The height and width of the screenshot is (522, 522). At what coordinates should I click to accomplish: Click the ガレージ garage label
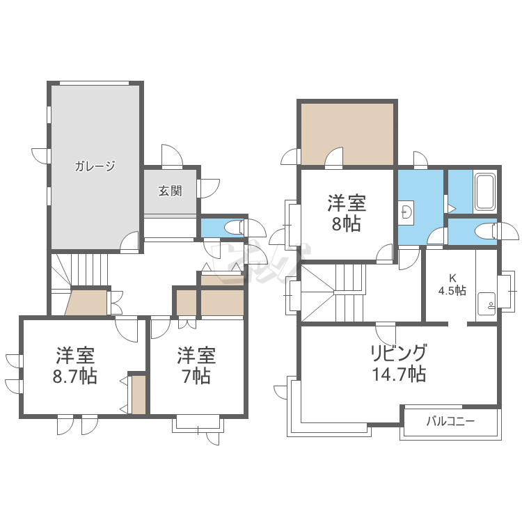pos(95,166)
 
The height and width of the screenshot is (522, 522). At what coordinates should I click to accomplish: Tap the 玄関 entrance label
pos(170,191)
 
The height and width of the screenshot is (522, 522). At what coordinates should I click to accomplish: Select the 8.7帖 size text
pos(75,376)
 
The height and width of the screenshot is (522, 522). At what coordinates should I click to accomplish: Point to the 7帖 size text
pos(196,376)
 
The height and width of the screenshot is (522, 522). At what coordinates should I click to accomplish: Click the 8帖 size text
pos(346,224)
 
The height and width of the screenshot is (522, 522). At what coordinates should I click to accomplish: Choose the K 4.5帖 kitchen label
pos(452,284)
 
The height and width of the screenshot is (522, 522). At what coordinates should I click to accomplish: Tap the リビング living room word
pos(399,353)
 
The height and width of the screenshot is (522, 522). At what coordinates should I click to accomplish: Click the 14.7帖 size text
pos(399,374)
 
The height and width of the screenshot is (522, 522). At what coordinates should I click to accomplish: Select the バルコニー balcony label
pos(450,422)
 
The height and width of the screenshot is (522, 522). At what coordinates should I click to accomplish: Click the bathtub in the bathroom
pos(484,191)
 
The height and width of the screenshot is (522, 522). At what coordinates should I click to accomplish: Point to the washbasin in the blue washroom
pos(406,213)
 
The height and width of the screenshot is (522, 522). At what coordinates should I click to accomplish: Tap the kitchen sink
pos(487,304)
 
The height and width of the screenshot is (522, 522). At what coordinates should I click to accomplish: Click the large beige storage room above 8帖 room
pos(347,134)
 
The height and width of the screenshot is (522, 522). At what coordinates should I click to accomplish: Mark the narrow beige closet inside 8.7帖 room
pos(139,395)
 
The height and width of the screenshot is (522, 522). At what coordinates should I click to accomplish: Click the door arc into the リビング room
pos(386,335)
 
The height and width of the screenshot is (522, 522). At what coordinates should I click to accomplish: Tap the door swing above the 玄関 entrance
pos(172,155)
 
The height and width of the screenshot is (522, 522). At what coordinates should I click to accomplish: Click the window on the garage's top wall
pos(94,83)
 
